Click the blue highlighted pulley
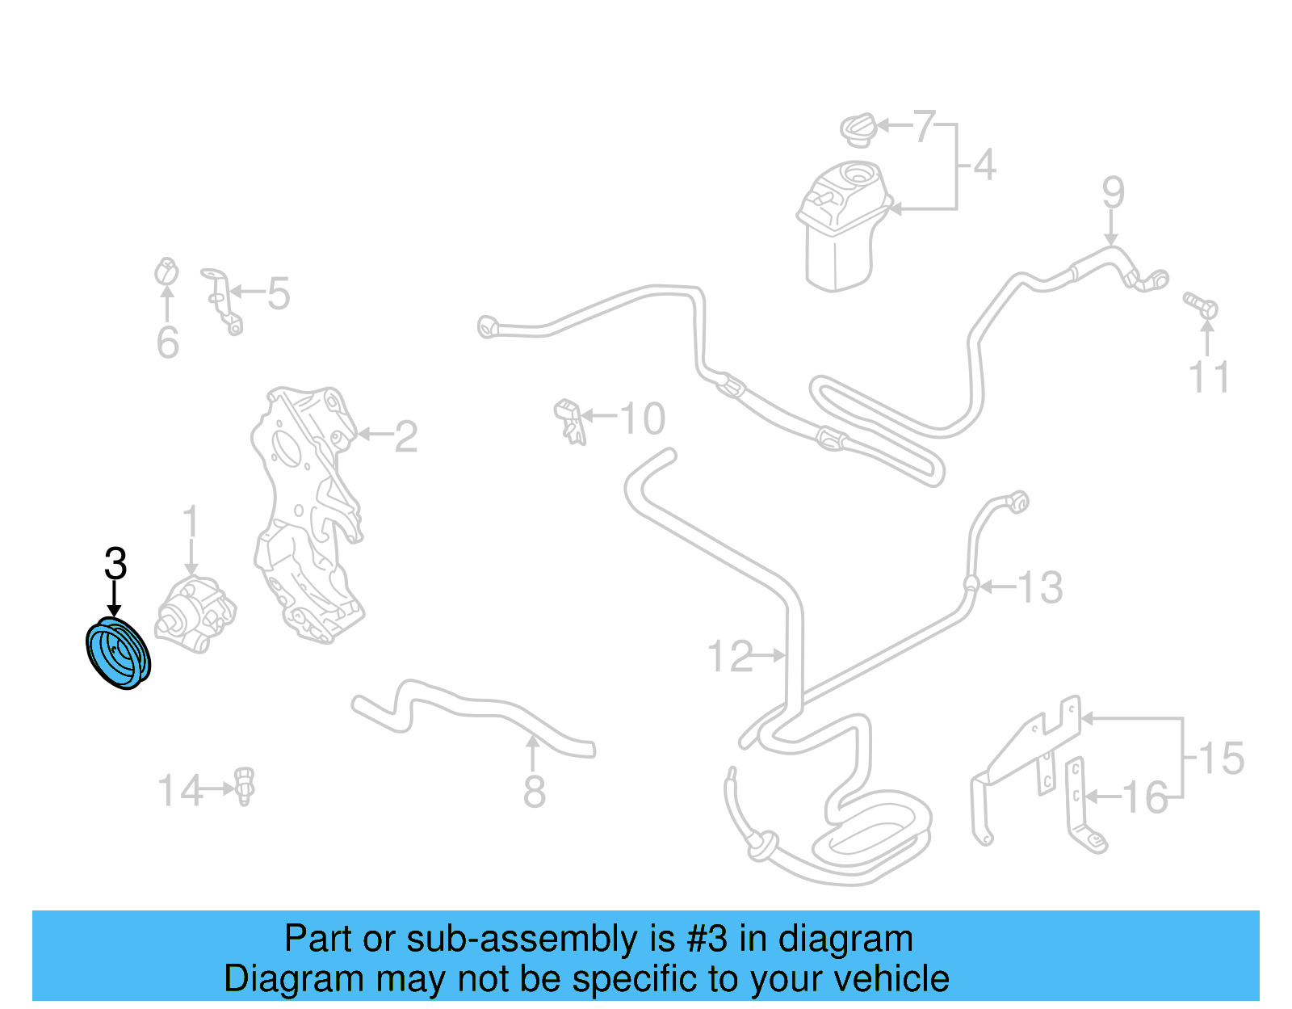pyautogui.click(x=118, y=653)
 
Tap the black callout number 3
pyautogui.click(x=115, y=564)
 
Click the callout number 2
pyautogui.click(x=405, y=437)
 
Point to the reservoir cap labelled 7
pyautogui.click(x=858, y=129)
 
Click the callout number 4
pyautogui.click(x=984, y=165)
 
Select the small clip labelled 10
pyautogui.click(x=570, y=421)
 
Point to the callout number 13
pyautogui.click(x=1040, y=587)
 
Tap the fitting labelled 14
pyautogui.click(x=245, y=786)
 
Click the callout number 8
pyautogui.click(x=535, y=792)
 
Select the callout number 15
pyautogui.click(x=1221, y=759)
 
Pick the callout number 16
pyautogui.click(x=1145, y=798)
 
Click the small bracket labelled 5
pyautogui.click(x=222, y=299)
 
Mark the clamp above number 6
pyautogui.click(x=166, y=272)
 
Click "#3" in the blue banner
pyautogui.click(x=707, y=939)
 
